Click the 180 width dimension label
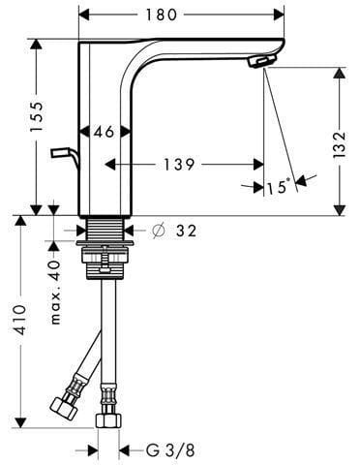[x=162, y=15]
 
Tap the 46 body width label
[x=105, y=132]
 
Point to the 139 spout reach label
[x=179, y=165]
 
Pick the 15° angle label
[x=278, y=187]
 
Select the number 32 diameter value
[x=186, y=231]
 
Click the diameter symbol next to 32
[x=159, y=231]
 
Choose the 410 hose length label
[x=18, y=320]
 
